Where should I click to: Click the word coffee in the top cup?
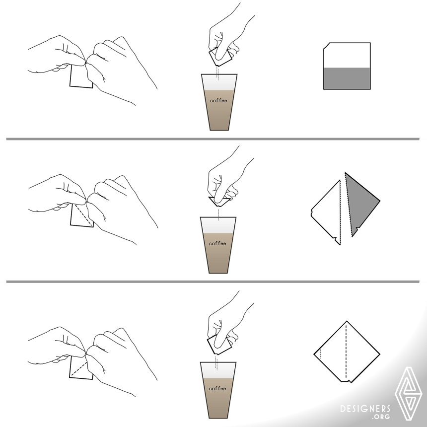[x=218, y=100]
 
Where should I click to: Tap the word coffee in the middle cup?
[x=217, y=243]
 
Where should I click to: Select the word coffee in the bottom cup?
[x=217, y=389]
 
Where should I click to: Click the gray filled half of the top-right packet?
[x=347, y=78]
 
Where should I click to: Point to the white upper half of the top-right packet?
[x=347, y=56]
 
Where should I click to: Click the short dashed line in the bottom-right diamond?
[x=321, y=353]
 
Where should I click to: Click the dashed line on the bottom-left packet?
[x=79, y=369]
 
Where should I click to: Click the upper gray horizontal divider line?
[x=213, y=139]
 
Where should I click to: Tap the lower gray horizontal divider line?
[x=213, y=282]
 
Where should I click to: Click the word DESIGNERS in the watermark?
[x=365, y=409]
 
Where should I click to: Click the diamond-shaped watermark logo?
[x=408, y=393]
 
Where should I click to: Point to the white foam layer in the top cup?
[x=219, y=82]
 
